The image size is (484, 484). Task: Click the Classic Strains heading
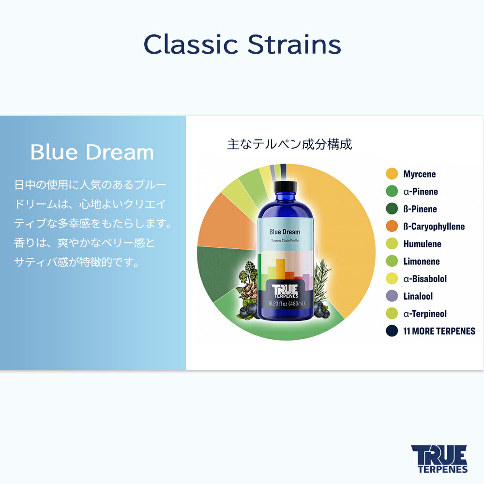[242, 45]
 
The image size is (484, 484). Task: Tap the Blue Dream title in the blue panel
[92, 152]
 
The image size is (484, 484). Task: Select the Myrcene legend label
[419, 174]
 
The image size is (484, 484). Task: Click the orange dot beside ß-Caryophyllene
[392, 227]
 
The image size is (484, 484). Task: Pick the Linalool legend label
[418, 296]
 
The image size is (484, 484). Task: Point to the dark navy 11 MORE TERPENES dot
[392, 331]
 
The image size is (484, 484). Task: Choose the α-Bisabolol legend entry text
[425, 279]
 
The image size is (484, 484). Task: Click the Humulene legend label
[422, 244]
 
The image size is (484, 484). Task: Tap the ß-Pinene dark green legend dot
[392, 209]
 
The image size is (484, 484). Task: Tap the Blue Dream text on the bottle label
[285, 232]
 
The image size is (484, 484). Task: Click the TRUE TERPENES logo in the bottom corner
[439, 459]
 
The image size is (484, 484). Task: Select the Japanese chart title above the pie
[289, 144]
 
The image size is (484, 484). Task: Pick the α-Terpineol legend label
[424, 314]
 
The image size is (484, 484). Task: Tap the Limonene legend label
[421, 261]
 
